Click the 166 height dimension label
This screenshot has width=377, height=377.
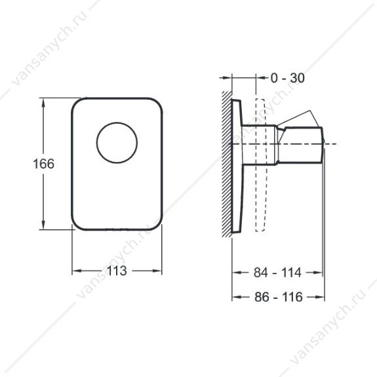tap(43, 164)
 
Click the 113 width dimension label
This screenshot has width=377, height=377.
tap(117, 271)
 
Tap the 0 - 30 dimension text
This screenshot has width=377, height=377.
tap(288, 78)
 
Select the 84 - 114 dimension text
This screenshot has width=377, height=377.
tap(277, 273)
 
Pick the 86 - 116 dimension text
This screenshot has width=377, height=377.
tap(279, 297)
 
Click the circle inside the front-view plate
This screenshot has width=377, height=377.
tap(117, 123)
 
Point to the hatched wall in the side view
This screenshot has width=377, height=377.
tap(226, 164)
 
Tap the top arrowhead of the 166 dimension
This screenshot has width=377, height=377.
tap(43, 103)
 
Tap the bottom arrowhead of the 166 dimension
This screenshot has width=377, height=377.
tap(43, 225)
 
